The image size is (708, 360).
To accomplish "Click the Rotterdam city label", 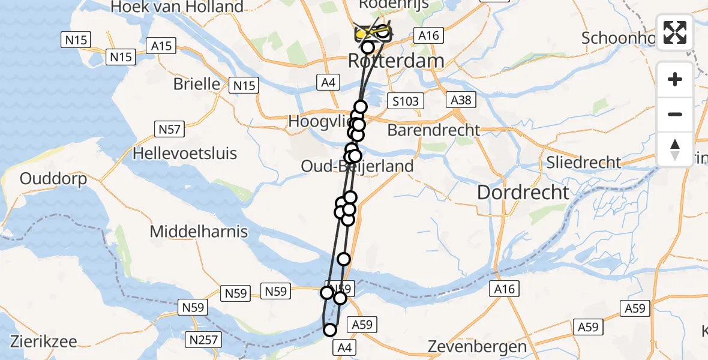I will point(397,61).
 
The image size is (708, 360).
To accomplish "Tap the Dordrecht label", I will point(523,193).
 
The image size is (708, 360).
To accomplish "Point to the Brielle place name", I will point(197,84).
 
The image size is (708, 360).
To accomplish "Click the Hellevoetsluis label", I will point(185,153).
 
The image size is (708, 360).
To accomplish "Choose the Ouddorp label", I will point(53,179).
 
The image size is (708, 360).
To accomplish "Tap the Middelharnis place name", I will point(199,231).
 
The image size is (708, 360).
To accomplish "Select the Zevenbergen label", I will point(478,346).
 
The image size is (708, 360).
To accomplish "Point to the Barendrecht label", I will point(434,130).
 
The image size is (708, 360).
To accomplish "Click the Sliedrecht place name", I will point(583,162).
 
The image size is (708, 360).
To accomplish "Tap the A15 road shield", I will point(162,46).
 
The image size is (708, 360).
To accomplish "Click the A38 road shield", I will point(461,100).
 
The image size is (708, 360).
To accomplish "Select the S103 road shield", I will point(404,101).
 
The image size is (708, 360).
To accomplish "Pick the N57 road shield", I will point(169,128).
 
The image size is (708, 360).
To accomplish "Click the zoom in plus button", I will point(675,79).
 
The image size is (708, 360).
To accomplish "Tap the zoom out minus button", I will point(675,114).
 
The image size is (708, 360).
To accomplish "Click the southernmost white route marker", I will point(330,329).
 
